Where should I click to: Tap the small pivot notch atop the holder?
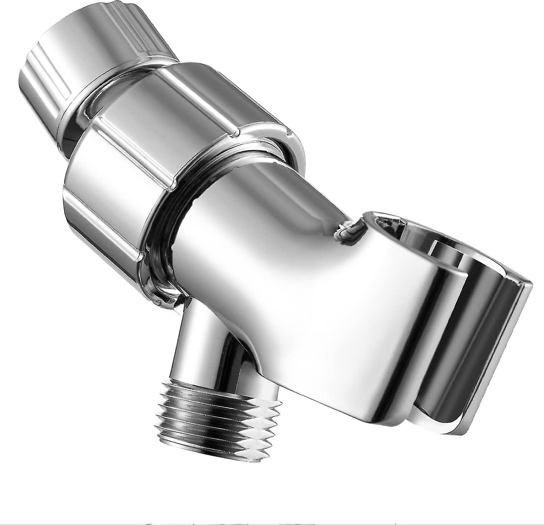350,228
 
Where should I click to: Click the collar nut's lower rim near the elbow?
170,279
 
